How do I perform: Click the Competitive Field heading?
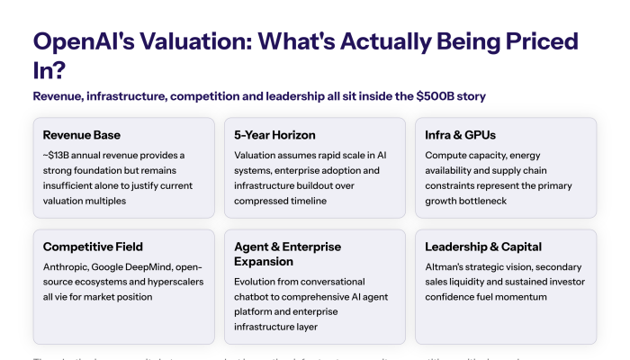pos(93,247)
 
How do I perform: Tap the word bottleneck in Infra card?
pos(478,201)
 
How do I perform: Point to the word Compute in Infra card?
pos(448,156)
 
